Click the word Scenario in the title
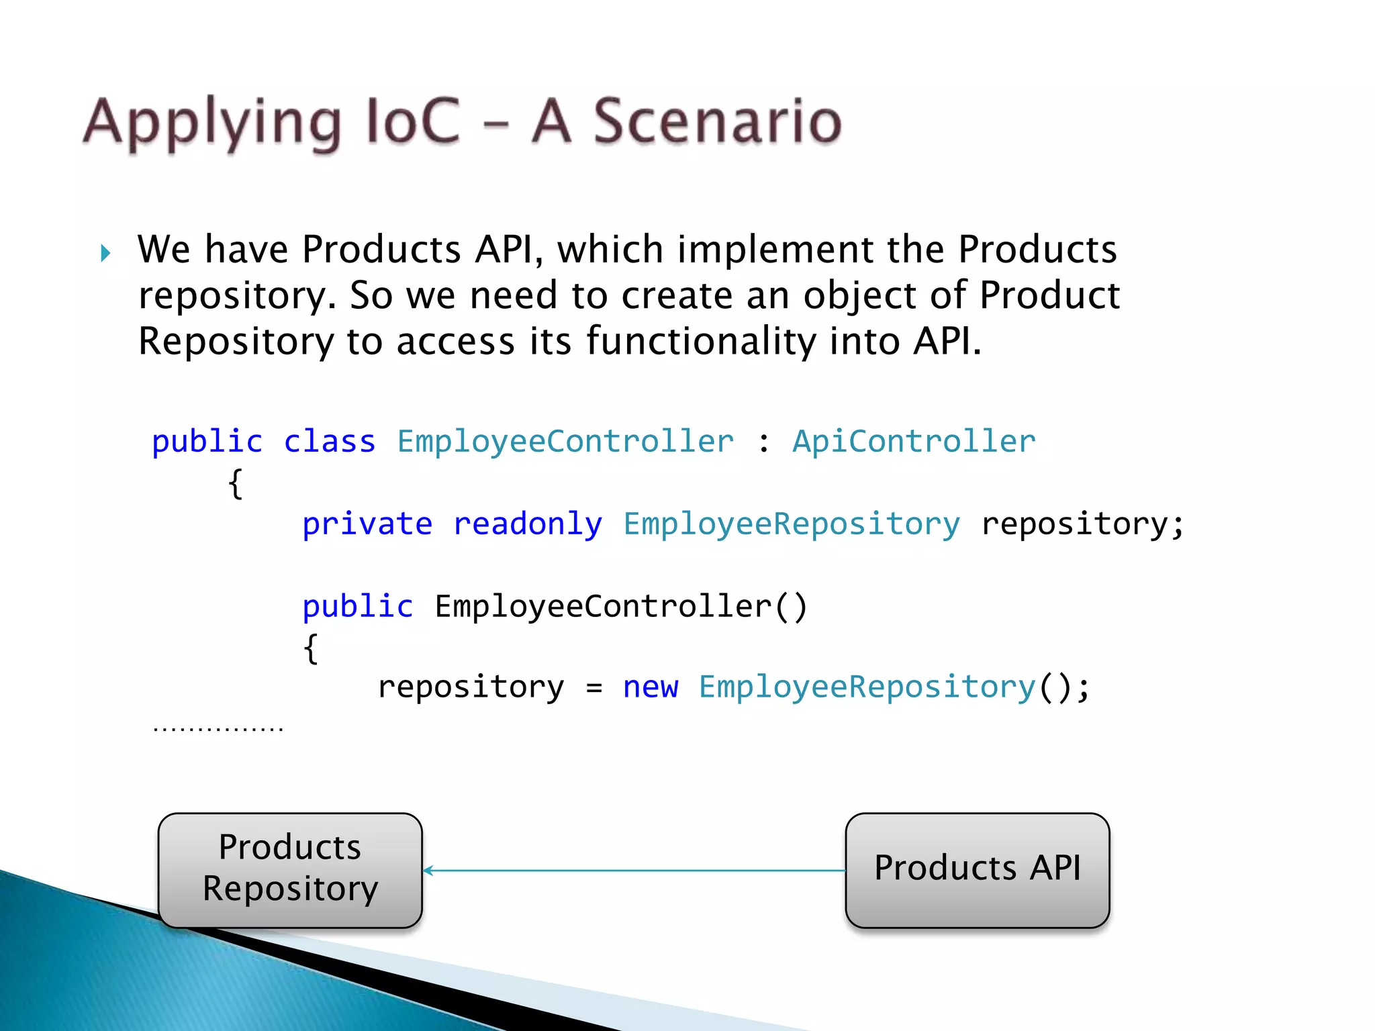716,122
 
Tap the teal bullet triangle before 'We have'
105,254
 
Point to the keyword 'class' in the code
329,442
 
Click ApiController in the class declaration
914,442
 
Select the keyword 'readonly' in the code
528,524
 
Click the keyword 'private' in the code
367,524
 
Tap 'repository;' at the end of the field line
1082,524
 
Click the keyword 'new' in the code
650,687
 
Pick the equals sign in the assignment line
594,689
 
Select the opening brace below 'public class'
235,484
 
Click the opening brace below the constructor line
310,648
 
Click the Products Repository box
290,871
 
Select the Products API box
977,871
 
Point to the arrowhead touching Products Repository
428,871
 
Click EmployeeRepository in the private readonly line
792,524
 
